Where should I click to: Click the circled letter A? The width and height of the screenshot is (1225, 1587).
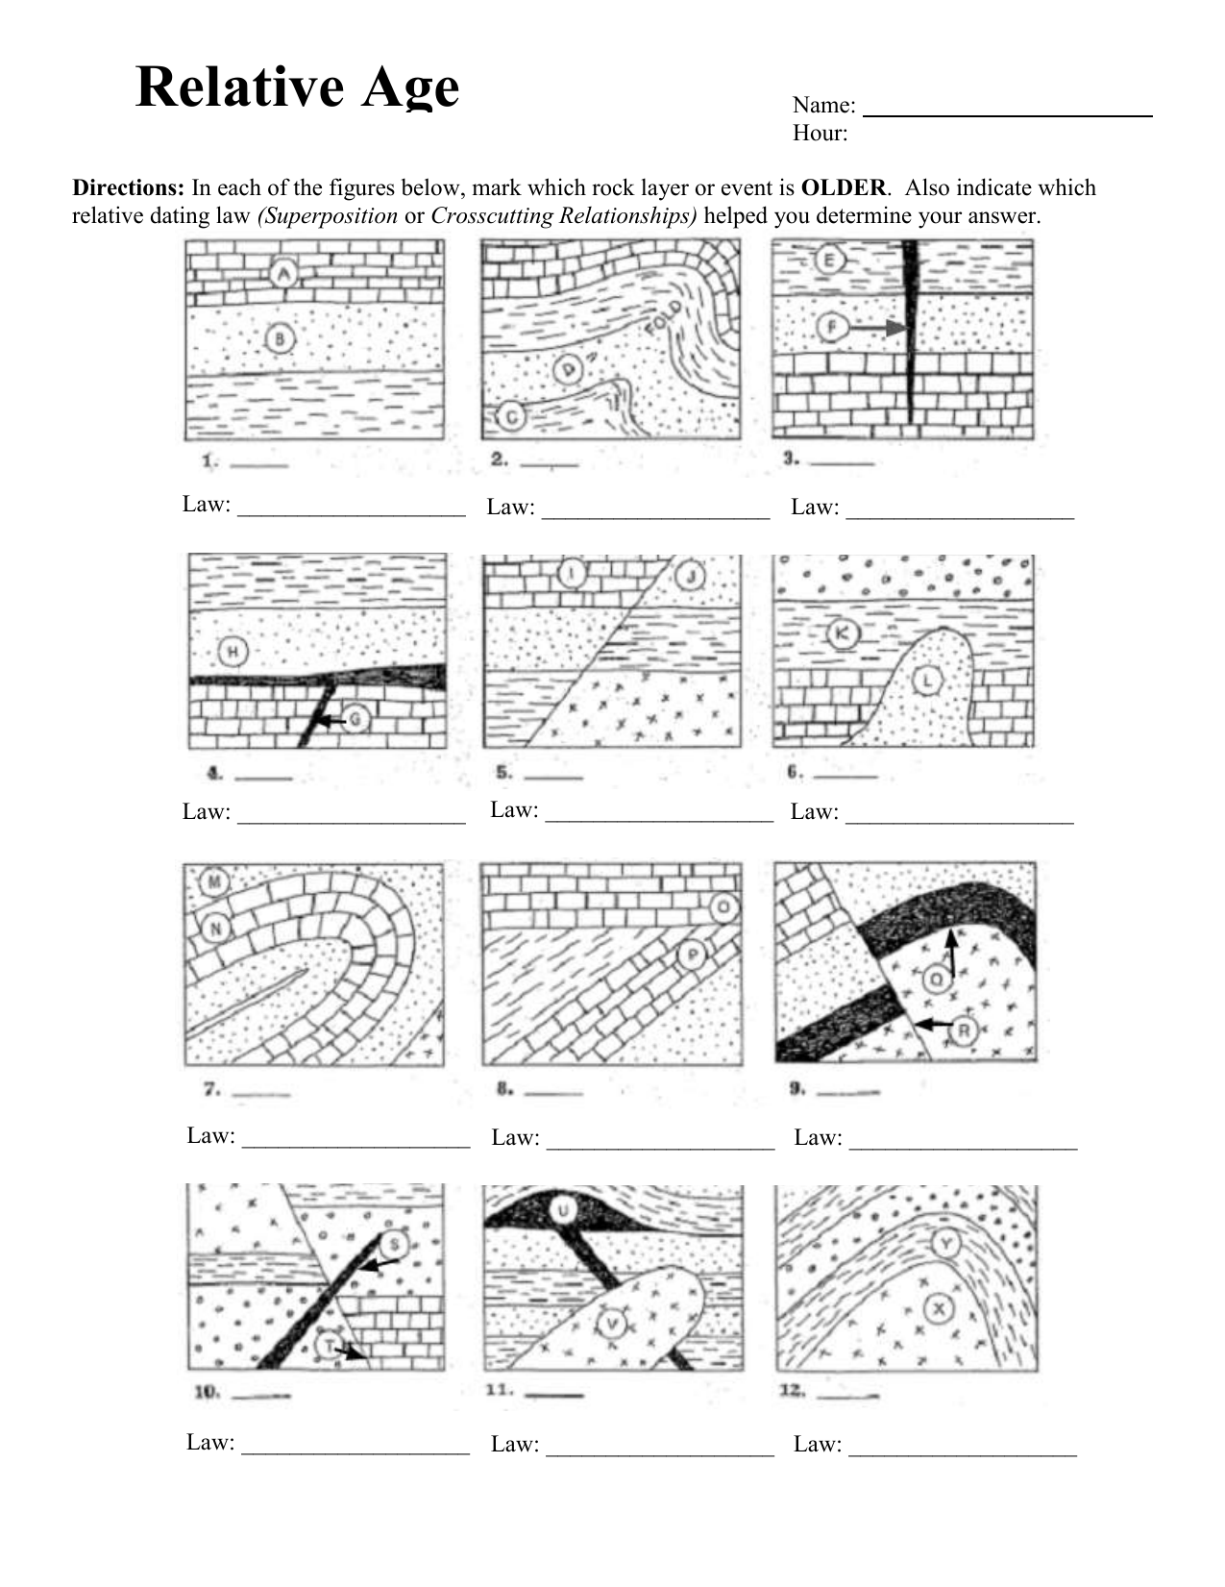coord(282,274)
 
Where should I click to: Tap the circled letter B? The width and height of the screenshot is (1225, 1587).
coord(280,338)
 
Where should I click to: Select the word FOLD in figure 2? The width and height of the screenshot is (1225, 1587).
coord(662,317)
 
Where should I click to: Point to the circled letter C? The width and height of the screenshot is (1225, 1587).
coord(511,416)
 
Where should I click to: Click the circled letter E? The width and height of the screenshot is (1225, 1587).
coord(829,260)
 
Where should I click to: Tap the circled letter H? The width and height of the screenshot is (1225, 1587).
coord(233,652)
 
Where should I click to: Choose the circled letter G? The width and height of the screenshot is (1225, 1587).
coord(357,720)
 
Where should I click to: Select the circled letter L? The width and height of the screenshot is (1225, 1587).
coord(927,681)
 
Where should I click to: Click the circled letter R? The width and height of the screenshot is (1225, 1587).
coord(964,1030)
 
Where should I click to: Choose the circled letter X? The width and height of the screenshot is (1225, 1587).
coord(939,1307)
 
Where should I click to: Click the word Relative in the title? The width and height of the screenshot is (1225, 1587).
coord(239,87)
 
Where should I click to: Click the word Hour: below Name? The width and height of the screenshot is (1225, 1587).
coord(820,134)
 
